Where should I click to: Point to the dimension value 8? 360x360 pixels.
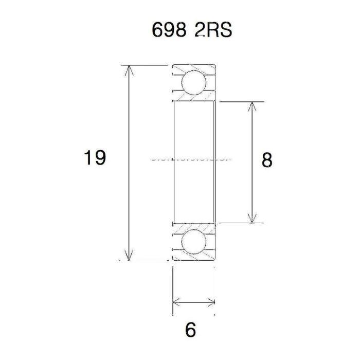(x=266, y=160)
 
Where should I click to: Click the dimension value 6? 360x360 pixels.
(x=191, y=330)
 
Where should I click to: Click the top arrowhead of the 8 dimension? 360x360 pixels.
(x=251, y=106)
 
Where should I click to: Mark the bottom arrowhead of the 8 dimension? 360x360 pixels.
(x=251, y=218)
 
